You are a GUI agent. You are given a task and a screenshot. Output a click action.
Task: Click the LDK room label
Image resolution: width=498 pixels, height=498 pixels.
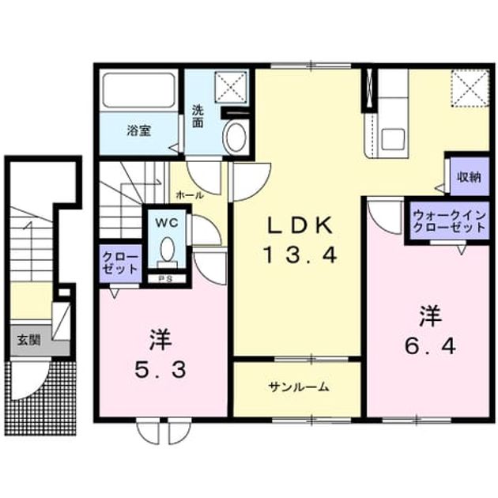tap(300, 224)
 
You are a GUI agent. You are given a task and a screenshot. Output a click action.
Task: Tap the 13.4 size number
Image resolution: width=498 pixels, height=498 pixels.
tap(300, 255)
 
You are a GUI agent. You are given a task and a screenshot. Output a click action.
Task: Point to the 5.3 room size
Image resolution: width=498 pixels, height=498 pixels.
tap(160, 370)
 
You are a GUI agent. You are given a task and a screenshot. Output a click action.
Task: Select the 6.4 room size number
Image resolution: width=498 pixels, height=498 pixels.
tap(430, 346)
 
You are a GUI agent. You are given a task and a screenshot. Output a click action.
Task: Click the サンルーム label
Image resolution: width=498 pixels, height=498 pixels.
tap(298, 387)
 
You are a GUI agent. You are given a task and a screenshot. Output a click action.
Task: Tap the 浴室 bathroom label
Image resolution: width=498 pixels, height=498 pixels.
tap(139, 130)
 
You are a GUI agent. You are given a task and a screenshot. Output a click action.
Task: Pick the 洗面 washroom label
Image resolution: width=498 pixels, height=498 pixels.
tap(198, 116)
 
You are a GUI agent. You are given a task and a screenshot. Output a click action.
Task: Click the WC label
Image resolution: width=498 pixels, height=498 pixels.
tap(167, 223)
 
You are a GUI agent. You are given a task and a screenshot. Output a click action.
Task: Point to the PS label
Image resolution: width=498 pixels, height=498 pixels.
tap(165, 279)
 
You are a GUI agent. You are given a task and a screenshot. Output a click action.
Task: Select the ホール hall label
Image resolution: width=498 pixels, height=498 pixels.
tap(190, 195)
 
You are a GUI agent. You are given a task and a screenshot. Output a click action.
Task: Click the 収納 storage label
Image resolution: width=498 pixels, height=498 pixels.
tap(469, 177)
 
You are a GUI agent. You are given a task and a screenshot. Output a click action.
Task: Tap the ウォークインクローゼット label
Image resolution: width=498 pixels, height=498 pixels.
tap(450, 221)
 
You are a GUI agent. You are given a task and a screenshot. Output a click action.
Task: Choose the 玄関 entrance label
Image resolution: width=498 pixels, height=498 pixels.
tap(28, 340)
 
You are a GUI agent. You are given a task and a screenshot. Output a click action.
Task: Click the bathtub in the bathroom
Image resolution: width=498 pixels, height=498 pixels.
tap(139, 90)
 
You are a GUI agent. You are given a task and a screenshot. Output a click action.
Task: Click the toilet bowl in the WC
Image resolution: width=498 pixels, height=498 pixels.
tap(168, 249)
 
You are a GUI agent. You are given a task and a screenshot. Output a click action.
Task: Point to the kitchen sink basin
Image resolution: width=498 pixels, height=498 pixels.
tap(393, 139)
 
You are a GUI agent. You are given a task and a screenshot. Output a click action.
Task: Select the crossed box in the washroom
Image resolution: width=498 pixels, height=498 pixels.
tap(231, 87)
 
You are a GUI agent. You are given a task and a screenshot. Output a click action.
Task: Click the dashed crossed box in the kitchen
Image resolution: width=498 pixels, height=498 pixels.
tap(470, 89)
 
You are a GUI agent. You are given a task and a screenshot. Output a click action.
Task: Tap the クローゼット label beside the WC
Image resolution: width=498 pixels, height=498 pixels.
tap(121, 263)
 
